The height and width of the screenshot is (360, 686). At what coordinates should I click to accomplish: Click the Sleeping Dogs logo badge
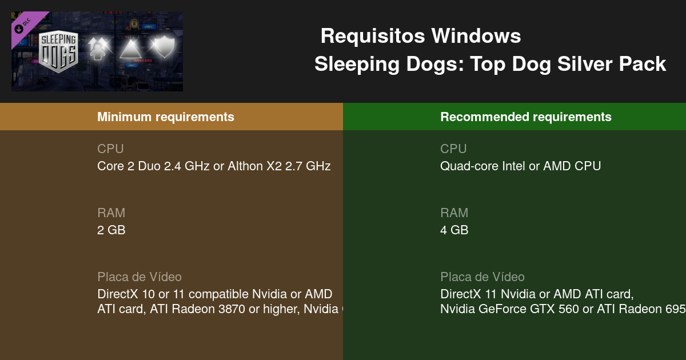click(59, 50)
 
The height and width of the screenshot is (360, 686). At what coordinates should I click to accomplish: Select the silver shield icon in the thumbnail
click(161, 47)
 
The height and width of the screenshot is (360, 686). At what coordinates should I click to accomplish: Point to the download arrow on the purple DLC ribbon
click(19, 27)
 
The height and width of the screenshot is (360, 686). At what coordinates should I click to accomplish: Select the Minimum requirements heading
click(166, 117)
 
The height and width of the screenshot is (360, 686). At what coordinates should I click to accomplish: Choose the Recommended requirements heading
click(526, 117)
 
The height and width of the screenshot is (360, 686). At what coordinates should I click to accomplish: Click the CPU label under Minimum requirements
click(110, 149)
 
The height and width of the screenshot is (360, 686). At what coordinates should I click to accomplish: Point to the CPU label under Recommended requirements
click(453, 149)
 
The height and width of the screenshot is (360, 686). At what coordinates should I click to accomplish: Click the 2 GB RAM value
click(111, 230)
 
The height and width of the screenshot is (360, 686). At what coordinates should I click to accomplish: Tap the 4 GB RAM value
click(454, 230)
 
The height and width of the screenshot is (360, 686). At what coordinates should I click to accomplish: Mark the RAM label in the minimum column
click(111, 213)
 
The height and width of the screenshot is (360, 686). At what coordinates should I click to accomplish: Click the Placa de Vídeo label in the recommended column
click(482, 277)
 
